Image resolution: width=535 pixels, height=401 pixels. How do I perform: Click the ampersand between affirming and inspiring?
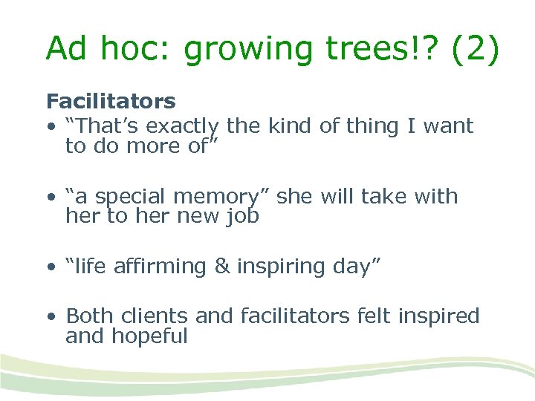[222, 267]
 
